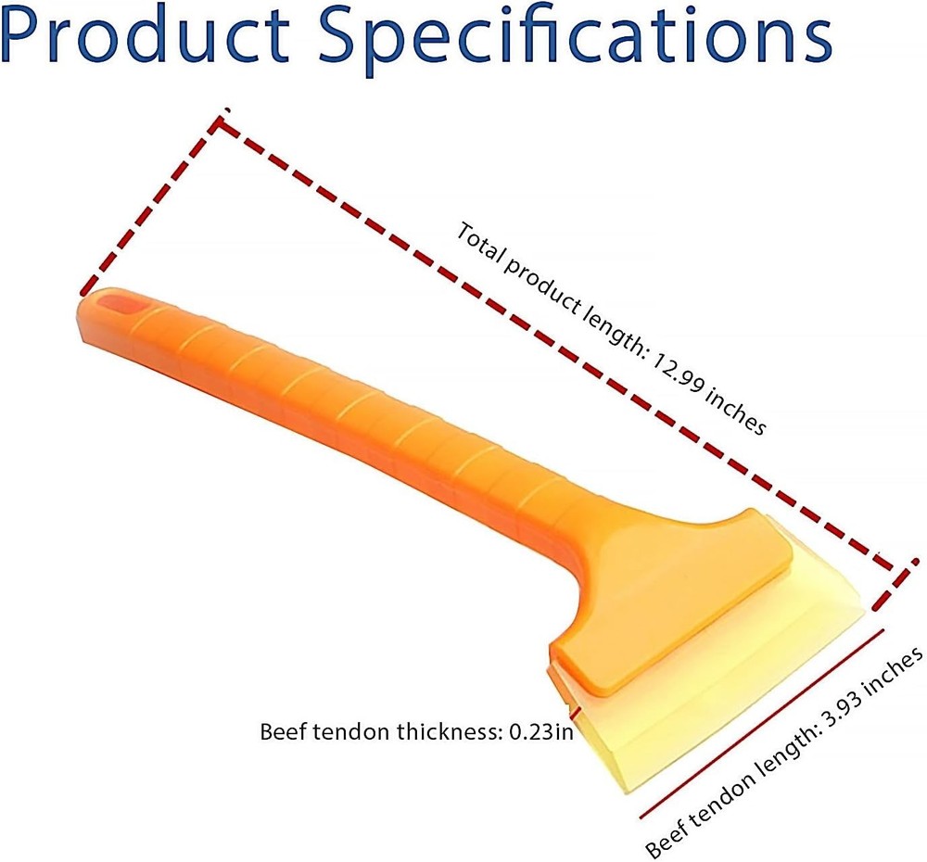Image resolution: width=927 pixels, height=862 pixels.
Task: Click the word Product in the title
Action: tap(145, 34)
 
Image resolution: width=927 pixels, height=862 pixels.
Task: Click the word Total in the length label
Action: tap(479, 243)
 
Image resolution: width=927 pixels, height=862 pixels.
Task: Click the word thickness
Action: tap(450, 732)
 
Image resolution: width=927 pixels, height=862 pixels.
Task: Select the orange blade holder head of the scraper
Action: tap(674, 597)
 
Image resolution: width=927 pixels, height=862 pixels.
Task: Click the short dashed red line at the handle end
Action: tap(150, 205)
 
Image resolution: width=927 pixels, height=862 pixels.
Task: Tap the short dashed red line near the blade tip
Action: tap(894, 584)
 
